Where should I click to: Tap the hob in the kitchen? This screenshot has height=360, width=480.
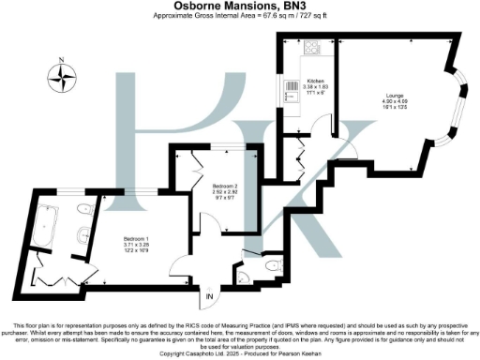(x=310, y=49)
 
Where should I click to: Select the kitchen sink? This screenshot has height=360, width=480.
(x=287, y=91)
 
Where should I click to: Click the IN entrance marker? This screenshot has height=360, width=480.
(x=210, y=297)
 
